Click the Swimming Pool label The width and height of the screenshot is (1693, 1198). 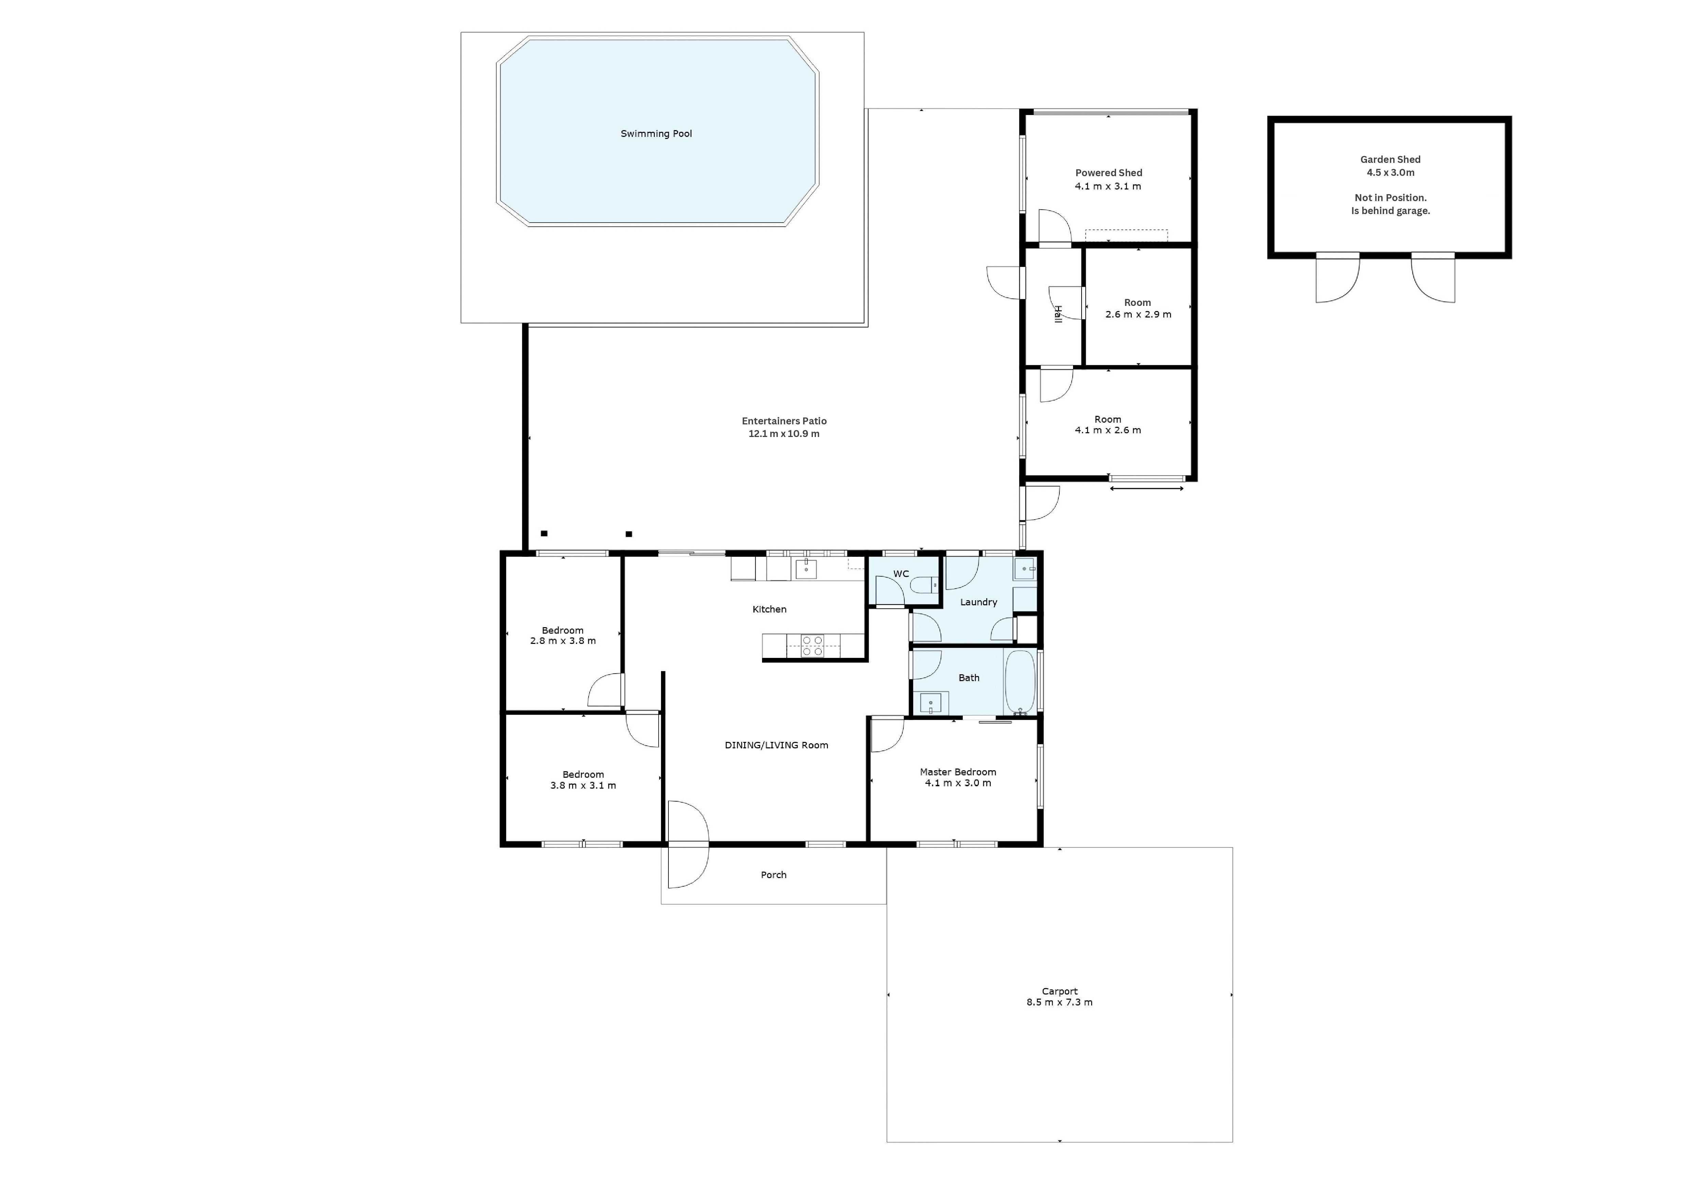click(x=656, y=133)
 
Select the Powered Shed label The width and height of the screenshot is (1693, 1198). click(x=1108, y=173)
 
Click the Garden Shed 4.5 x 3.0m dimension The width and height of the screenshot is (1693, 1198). click(x=1390, y=173)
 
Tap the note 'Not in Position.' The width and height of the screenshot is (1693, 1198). click(x=1390, y=198)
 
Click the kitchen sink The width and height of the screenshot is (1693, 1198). click(x=806, y=569)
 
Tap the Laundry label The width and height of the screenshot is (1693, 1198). click(x=978, y=602)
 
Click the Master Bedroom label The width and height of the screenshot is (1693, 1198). click(x=958, y=772)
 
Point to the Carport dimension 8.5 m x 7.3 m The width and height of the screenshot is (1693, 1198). click(x=1059, y=1002)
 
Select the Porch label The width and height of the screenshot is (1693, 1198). click(x=773, y=875)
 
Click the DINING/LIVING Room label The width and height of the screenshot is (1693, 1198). click(x=776, y=745)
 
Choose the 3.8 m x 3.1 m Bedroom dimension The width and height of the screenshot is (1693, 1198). click(x=583, y=786)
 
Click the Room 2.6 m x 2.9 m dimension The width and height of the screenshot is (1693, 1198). click(x=1138, y=314)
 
